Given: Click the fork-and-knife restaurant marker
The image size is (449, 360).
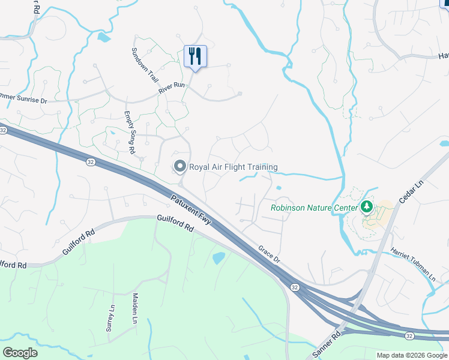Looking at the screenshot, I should point(195,56).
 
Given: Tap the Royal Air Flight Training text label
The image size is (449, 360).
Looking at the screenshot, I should point(233,167).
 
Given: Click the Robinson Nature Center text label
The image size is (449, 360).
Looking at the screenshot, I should point(313,208).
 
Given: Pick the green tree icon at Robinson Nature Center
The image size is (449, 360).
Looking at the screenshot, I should point(366,208).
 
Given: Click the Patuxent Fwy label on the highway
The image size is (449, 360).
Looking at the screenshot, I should point(191,209).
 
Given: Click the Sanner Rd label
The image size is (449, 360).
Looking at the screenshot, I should point(328,343).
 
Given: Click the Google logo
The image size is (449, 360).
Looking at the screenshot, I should point(20,353).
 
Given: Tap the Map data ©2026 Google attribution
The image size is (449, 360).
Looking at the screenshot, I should point(412,355).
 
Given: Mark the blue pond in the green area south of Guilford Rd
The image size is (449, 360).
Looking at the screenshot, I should point(218,258).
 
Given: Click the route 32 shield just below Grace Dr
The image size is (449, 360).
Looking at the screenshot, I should point(295,288).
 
